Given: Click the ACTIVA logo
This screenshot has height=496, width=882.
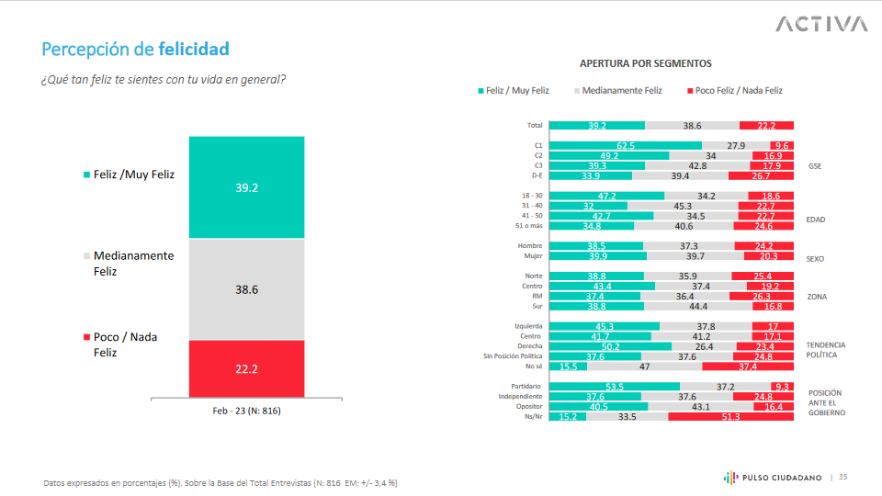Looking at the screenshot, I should pyautogui.click(x=820, y=24).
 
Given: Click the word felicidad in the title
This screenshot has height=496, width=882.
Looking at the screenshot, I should pyautogui.click(x=194, y=49).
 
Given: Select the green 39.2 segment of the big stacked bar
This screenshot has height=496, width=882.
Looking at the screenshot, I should pyautogui.click(x=246, y=186).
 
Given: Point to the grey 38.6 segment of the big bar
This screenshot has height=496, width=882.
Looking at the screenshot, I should pyautogui.click(x=246, y=288).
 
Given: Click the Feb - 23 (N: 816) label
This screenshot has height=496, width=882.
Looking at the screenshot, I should pyautogui.click(x=246, y=411).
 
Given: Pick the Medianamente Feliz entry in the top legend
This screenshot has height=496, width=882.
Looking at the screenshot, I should pyautogui.click(x=617, y=91).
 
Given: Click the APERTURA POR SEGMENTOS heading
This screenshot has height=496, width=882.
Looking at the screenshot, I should pyautogui.click(x=646, y=63).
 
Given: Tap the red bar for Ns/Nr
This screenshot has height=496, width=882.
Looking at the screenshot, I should pyautogui.click(x=730, y=416).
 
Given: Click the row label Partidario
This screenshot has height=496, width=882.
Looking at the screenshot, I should pyautogui.click(x=526, y=386).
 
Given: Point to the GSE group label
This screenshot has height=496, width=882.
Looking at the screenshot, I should pyautogui.click(x=814, y=166).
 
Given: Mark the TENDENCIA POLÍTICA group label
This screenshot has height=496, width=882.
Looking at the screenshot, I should pyautogui.click(x=824, y=349).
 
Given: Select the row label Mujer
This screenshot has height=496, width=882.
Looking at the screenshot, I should pyautogui.click(x=531, y=256).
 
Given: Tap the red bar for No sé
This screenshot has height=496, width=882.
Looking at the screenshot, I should pyautogui.click(x=747, y=366).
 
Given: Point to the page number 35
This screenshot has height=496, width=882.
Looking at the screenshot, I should pyautogui.click(x=842, y=477).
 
